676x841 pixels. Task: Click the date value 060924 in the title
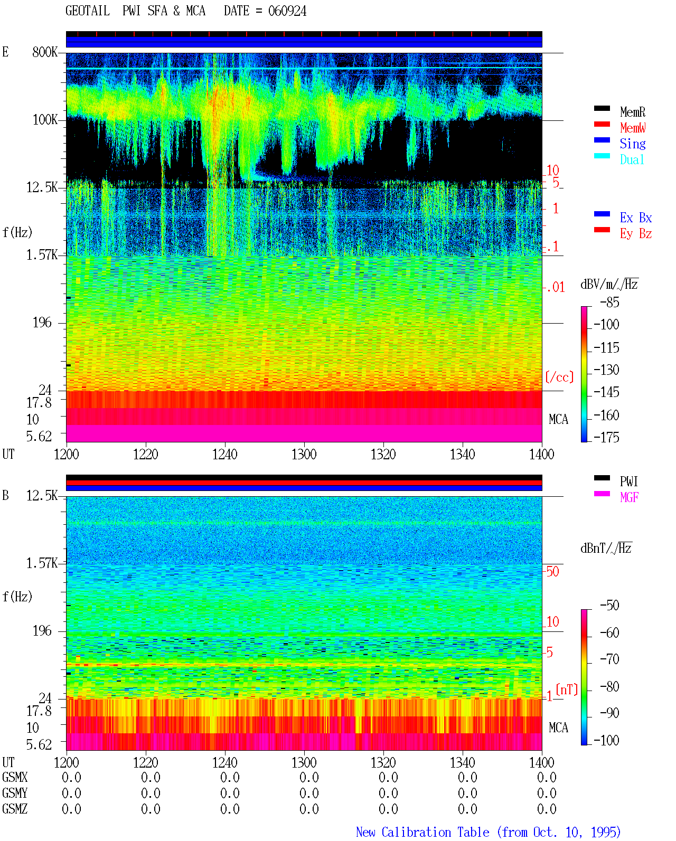tap(287, 11)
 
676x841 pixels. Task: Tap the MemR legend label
tap(633, 112)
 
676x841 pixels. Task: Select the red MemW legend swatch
tap(602, 124)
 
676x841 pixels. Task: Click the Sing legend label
tap(633, 144)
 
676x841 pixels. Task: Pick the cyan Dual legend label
tap(632, 159)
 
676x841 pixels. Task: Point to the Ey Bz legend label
tap(636, 234)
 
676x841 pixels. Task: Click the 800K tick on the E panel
tap(44, 52)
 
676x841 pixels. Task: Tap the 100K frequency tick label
tap(44, 120)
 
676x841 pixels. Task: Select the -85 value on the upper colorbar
tap(609, 303)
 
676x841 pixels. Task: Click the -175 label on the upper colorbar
tap(606, 437)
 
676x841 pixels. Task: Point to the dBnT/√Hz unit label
tap(606, 549)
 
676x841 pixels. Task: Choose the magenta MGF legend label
tap(629, 497)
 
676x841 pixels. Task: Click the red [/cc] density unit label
tap(559, 377)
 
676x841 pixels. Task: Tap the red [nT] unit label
tap(567, 689)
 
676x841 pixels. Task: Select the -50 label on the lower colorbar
tap(609, 606)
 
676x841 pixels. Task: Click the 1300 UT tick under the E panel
tap(304, 455)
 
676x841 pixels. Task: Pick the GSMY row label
tap(15, 793)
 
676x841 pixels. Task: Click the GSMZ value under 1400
tap(547, 809)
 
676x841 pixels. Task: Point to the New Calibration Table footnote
tap(489, 832)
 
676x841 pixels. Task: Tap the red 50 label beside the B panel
tap(552, 571)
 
